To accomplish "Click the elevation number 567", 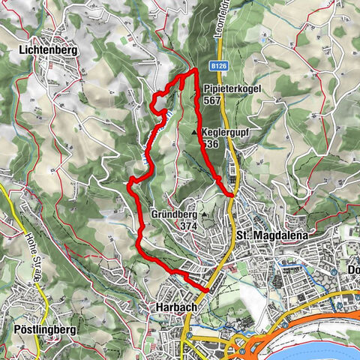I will (211, 100).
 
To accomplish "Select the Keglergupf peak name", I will (225, 131).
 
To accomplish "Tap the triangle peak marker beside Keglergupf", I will (195, 133).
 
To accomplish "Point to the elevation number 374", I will (188, 225).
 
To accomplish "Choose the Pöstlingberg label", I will (36, 329).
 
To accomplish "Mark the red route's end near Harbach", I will (208, 289).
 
